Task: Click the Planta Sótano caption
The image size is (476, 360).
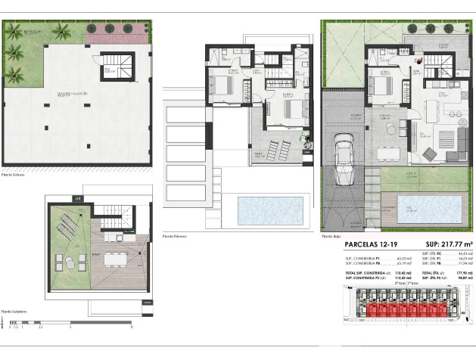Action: [13, 173]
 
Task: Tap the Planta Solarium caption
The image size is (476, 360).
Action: [14, 311]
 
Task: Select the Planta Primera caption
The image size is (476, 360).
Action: [176, 236]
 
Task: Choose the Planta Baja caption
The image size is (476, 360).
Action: [332, 236]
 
